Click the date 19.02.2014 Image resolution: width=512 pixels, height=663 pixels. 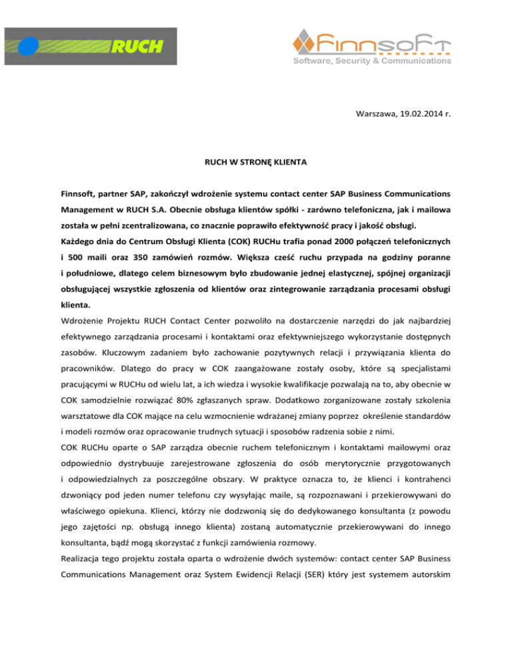[x=419, y=114]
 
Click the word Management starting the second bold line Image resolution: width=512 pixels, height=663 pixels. [x=90, y=210]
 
